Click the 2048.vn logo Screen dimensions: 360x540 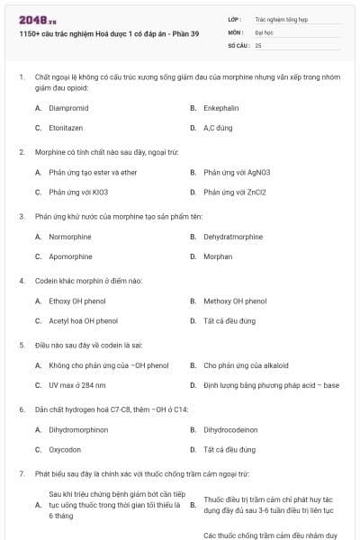[32, 19]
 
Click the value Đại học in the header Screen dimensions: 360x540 [265, 31]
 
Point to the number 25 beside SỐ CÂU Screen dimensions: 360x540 [258, 44]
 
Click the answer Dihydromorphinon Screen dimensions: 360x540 [78, 429]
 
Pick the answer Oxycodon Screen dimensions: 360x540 [66, 449]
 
